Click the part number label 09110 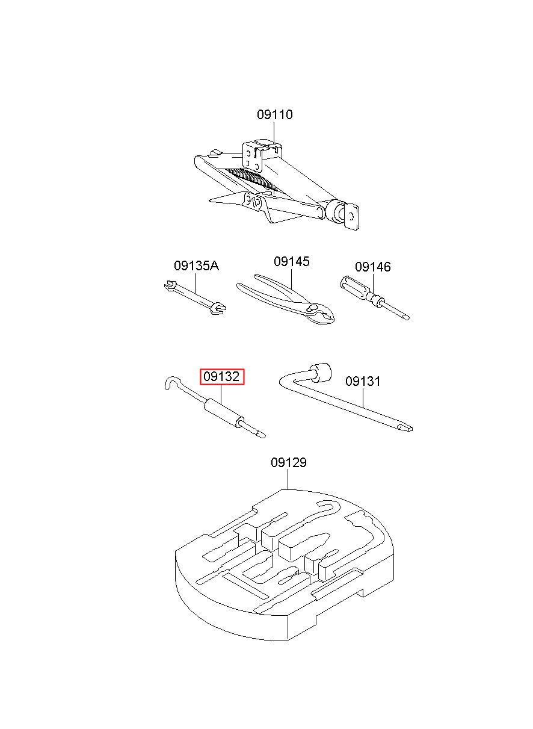[274, 114]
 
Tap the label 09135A [196, 265]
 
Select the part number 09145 [291, 261]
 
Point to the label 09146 [372, 267]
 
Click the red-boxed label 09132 [221, 377]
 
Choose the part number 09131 [363, 381]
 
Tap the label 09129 [288, 462]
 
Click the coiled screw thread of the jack [251, 179]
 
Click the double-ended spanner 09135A [195, 297]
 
